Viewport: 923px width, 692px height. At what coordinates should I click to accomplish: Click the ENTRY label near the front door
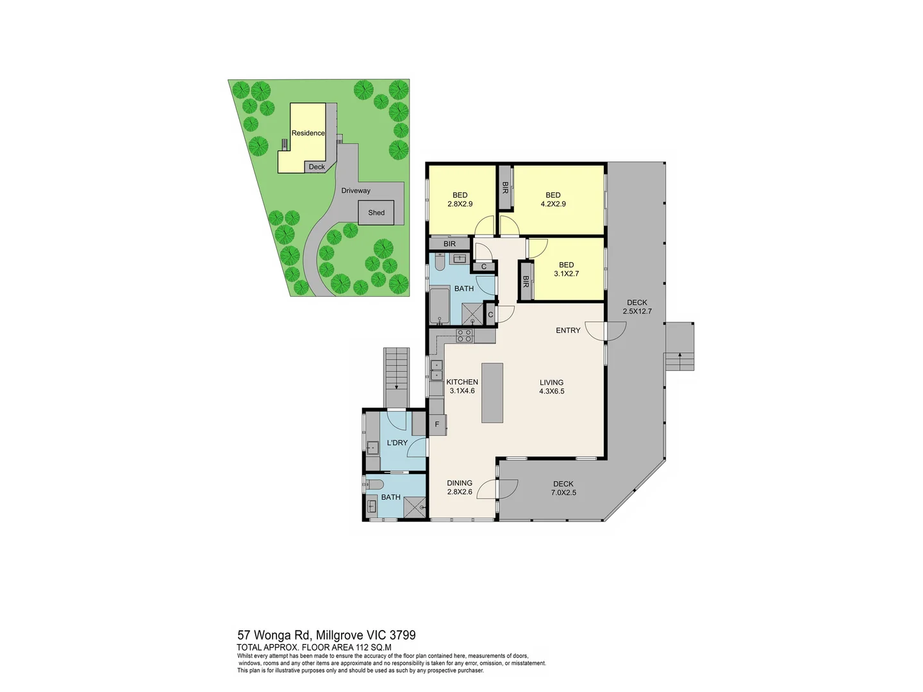567,331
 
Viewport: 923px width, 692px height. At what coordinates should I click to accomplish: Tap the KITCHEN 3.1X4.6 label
462,386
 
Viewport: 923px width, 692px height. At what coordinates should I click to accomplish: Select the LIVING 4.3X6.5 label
551,387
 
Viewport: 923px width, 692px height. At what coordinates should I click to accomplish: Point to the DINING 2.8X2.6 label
460,488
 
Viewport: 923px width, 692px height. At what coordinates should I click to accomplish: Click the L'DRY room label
397,443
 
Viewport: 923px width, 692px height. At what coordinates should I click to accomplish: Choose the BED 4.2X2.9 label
553,199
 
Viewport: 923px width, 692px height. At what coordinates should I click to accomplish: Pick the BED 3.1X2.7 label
566,269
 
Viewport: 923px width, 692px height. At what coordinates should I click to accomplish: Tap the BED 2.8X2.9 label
460,199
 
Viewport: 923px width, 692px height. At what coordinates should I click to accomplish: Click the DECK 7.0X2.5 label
563,488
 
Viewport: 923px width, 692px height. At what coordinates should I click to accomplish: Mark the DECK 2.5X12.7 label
636,307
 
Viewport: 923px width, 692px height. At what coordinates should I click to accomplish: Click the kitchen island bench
492,393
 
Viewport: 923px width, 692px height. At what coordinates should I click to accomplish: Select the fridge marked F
437,424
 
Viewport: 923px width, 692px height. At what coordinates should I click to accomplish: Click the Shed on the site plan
376,213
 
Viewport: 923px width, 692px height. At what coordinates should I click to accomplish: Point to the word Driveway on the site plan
356,191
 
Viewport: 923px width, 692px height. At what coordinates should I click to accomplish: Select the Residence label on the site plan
308,133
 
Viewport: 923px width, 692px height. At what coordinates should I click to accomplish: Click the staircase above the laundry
395,377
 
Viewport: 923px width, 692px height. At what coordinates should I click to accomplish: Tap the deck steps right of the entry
679,347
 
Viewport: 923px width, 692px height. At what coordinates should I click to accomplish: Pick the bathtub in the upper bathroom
440,306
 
